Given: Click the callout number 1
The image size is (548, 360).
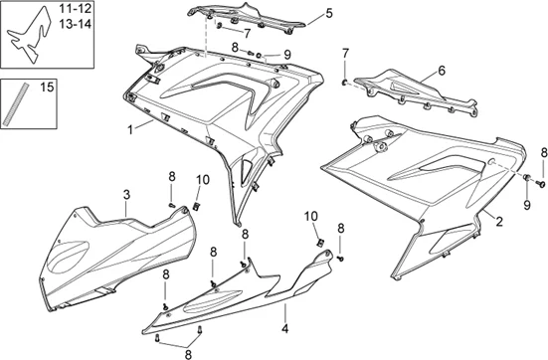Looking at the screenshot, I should click(128, 128).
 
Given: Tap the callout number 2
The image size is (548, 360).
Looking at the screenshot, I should click(498, 220).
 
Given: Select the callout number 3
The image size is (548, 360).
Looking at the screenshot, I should click(126, 193).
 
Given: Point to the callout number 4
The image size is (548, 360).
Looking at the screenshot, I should click(284, 327).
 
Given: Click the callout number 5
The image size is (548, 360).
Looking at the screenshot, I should click(328, 14).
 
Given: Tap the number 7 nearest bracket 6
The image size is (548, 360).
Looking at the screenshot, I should click(345, 53).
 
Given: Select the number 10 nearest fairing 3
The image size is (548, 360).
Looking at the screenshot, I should click(203, 179).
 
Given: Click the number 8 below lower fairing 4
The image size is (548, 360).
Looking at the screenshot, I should click(186, 351).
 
